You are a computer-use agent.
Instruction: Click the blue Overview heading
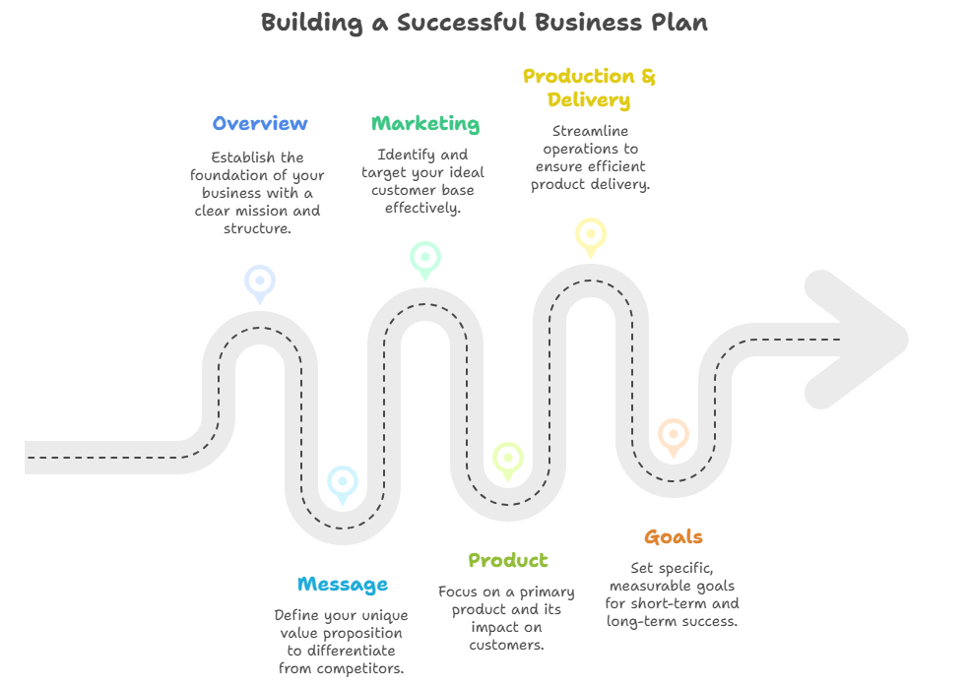[x=260, y=124]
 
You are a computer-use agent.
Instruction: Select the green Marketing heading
[x=425, y=124]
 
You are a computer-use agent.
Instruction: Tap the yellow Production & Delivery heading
[x=589, y=88]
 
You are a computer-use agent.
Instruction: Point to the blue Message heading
[x=342, y=585]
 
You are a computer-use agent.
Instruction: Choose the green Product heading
[x=508, y=561]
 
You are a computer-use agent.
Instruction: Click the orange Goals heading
[x=674, y=537]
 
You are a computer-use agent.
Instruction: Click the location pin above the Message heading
[x=343, y=482]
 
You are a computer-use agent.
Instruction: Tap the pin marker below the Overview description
[x=260, y=281]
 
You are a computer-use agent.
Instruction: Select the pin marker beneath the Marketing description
[x=425, y=258]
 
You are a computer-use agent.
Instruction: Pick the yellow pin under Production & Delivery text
[x=591, y=234]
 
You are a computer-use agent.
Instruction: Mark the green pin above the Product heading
[x=508, y=458]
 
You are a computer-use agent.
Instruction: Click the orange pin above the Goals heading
[x=674, y=434]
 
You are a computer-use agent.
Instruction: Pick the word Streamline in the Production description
[x=590, y=131]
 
